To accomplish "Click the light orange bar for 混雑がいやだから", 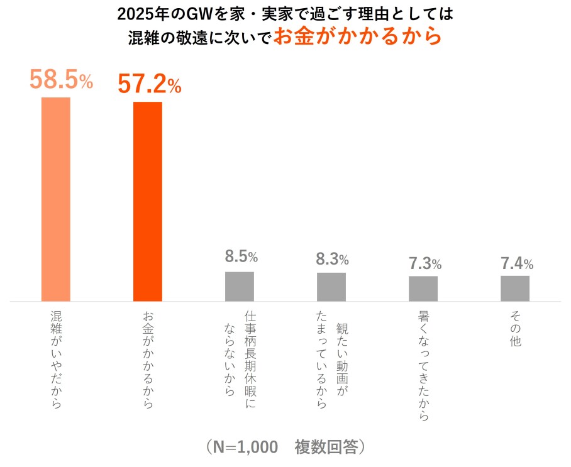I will [x=55, y=199].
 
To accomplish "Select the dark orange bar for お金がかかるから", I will [x=147, y=201].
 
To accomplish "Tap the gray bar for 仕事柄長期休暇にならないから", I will [x=240, y=286].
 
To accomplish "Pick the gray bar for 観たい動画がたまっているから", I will [x=331, y=287].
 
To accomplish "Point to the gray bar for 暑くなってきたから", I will [x=423, y=288].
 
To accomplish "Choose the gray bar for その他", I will [x=515, y=288].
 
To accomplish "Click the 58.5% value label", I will [x=61, y=80].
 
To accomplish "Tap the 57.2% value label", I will [x=150, y=84].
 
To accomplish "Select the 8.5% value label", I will [x=241, y=256].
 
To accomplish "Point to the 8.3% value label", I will [x=332, y=258].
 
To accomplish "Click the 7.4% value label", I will [x=517, y=263].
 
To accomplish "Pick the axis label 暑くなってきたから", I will [x=424, y=365].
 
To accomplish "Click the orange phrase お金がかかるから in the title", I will [x=358, y=36].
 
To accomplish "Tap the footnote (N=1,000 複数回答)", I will [x=285, y=447].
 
